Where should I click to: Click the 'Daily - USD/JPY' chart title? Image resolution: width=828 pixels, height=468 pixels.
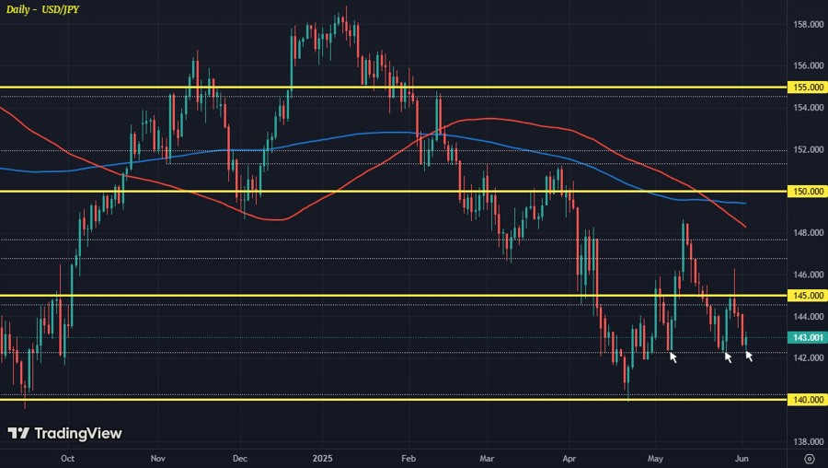coord(43,9)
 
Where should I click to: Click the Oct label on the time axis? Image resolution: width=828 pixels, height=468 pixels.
coord(67,457)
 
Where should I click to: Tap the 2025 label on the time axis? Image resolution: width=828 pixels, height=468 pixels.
coord(322,457)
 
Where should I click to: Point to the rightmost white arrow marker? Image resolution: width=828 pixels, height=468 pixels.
coord(749,356)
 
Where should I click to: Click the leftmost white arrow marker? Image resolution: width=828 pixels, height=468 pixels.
coord(673,357)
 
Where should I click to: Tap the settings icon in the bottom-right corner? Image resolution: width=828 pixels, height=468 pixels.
coord(808,457)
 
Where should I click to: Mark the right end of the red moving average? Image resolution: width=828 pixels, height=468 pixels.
coord(745,226)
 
